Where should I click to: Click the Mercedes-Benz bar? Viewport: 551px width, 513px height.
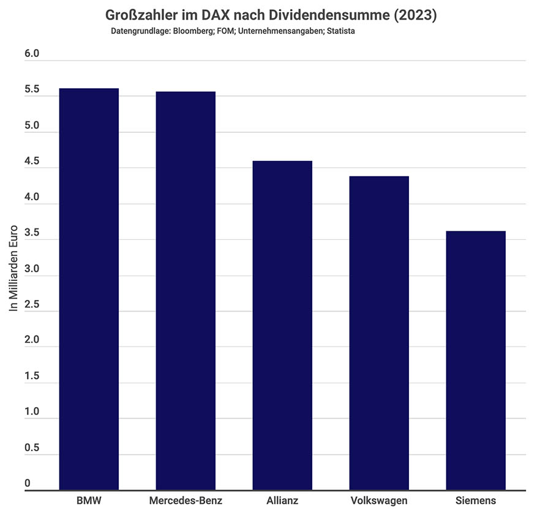point(186,291)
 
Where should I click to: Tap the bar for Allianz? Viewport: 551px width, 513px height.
point(282,325)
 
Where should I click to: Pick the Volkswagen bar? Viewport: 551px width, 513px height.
point(379,333)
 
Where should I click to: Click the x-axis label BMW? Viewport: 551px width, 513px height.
point(88,501)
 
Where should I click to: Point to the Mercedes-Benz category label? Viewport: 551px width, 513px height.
point(186,501)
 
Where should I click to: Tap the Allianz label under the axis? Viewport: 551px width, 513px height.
point(282,501)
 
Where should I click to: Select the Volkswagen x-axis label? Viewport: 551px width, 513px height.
point(379,501)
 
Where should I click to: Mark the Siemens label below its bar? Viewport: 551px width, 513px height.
point(476,501)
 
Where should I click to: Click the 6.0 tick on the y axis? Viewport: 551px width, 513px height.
point(32,54)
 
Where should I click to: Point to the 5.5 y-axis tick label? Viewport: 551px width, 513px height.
point(32,90)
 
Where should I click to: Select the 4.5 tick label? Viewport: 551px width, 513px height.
point(32,162)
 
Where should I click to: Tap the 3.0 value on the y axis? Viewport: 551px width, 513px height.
point(32,269)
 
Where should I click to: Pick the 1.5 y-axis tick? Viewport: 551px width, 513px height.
point(32,376)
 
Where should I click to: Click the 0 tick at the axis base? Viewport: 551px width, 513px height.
point(28,484)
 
